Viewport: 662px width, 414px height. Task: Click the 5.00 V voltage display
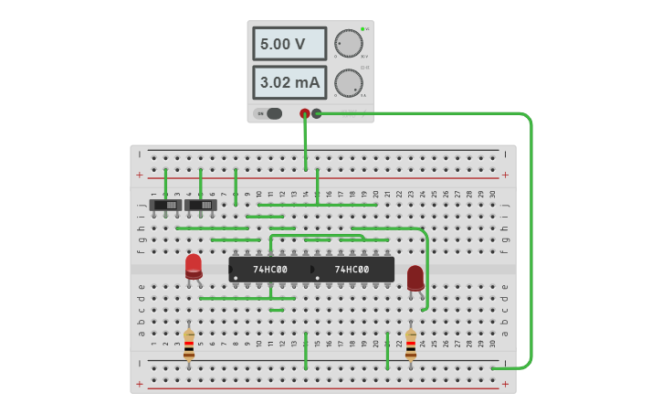[x=289, y=44]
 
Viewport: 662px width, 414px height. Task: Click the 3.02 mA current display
[x=289, y=82]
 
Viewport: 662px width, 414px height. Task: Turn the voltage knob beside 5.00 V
[x=348, y=43]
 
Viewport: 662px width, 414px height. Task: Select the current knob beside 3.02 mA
[x=348, y=82]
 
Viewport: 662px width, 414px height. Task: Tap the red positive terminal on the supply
[x=305, y=113]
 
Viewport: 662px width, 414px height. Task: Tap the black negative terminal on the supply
[x=317, y=113]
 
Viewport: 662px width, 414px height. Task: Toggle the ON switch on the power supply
[x=269, y=113]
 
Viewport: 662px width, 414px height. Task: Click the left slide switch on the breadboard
[x=165, y=206]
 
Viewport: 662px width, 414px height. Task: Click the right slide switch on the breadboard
[x=201, y=206]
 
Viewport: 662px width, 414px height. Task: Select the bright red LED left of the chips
[x=194, y=266]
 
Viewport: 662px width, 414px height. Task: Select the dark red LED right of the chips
[x=415, y=277]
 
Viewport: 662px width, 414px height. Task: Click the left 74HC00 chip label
[x=270, y=270]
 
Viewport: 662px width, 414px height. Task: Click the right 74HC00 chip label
[x=352, y=270]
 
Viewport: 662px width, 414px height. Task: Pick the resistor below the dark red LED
[x=411, y=345]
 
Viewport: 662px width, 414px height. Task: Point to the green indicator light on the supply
[x=363, y=29]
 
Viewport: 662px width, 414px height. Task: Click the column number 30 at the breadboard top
[x=493, y=194]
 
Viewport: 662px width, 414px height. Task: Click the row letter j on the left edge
[x=141, y=206]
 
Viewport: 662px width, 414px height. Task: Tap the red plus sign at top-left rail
[x=140, y=175]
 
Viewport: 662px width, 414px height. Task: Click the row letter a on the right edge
[x=505, y=333]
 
